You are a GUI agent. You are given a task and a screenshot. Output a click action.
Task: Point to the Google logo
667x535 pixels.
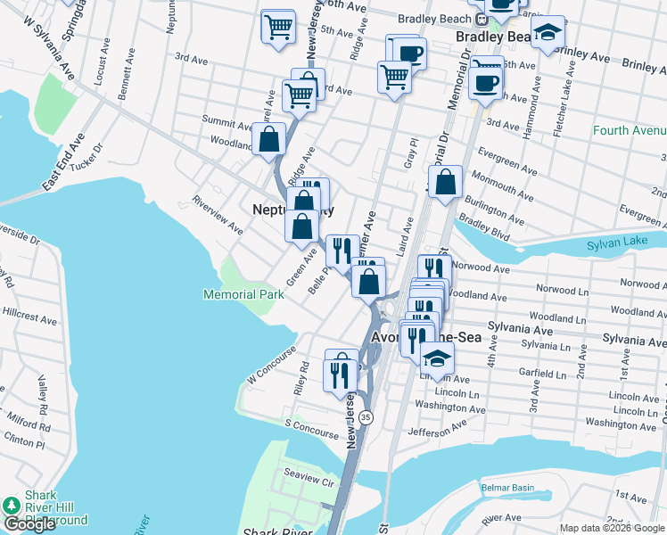coord(29,524)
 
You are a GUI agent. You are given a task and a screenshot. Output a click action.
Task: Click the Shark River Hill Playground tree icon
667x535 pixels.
coord(11,506)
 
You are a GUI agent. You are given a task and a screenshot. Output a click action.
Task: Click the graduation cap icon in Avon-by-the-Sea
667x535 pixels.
coord(437,357)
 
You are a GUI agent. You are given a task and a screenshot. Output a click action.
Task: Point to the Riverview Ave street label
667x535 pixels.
coord(218,215)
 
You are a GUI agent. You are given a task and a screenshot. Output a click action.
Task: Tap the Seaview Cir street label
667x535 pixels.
coord(308,481)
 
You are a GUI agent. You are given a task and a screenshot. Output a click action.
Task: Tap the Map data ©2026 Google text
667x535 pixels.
coord(611,528)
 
